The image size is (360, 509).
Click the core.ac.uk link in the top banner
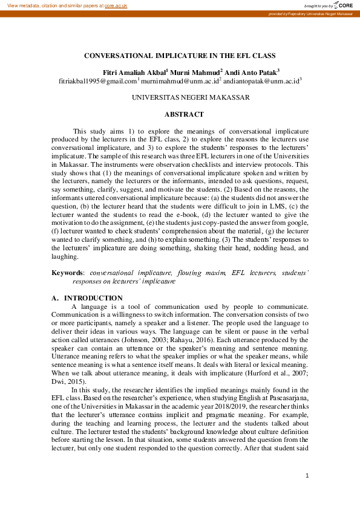point(116,5)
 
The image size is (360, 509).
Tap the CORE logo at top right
point(343,5)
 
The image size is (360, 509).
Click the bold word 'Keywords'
point(67,273)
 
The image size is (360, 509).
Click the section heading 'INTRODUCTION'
point(93,298)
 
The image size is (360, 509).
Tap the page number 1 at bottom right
point(307,476)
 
